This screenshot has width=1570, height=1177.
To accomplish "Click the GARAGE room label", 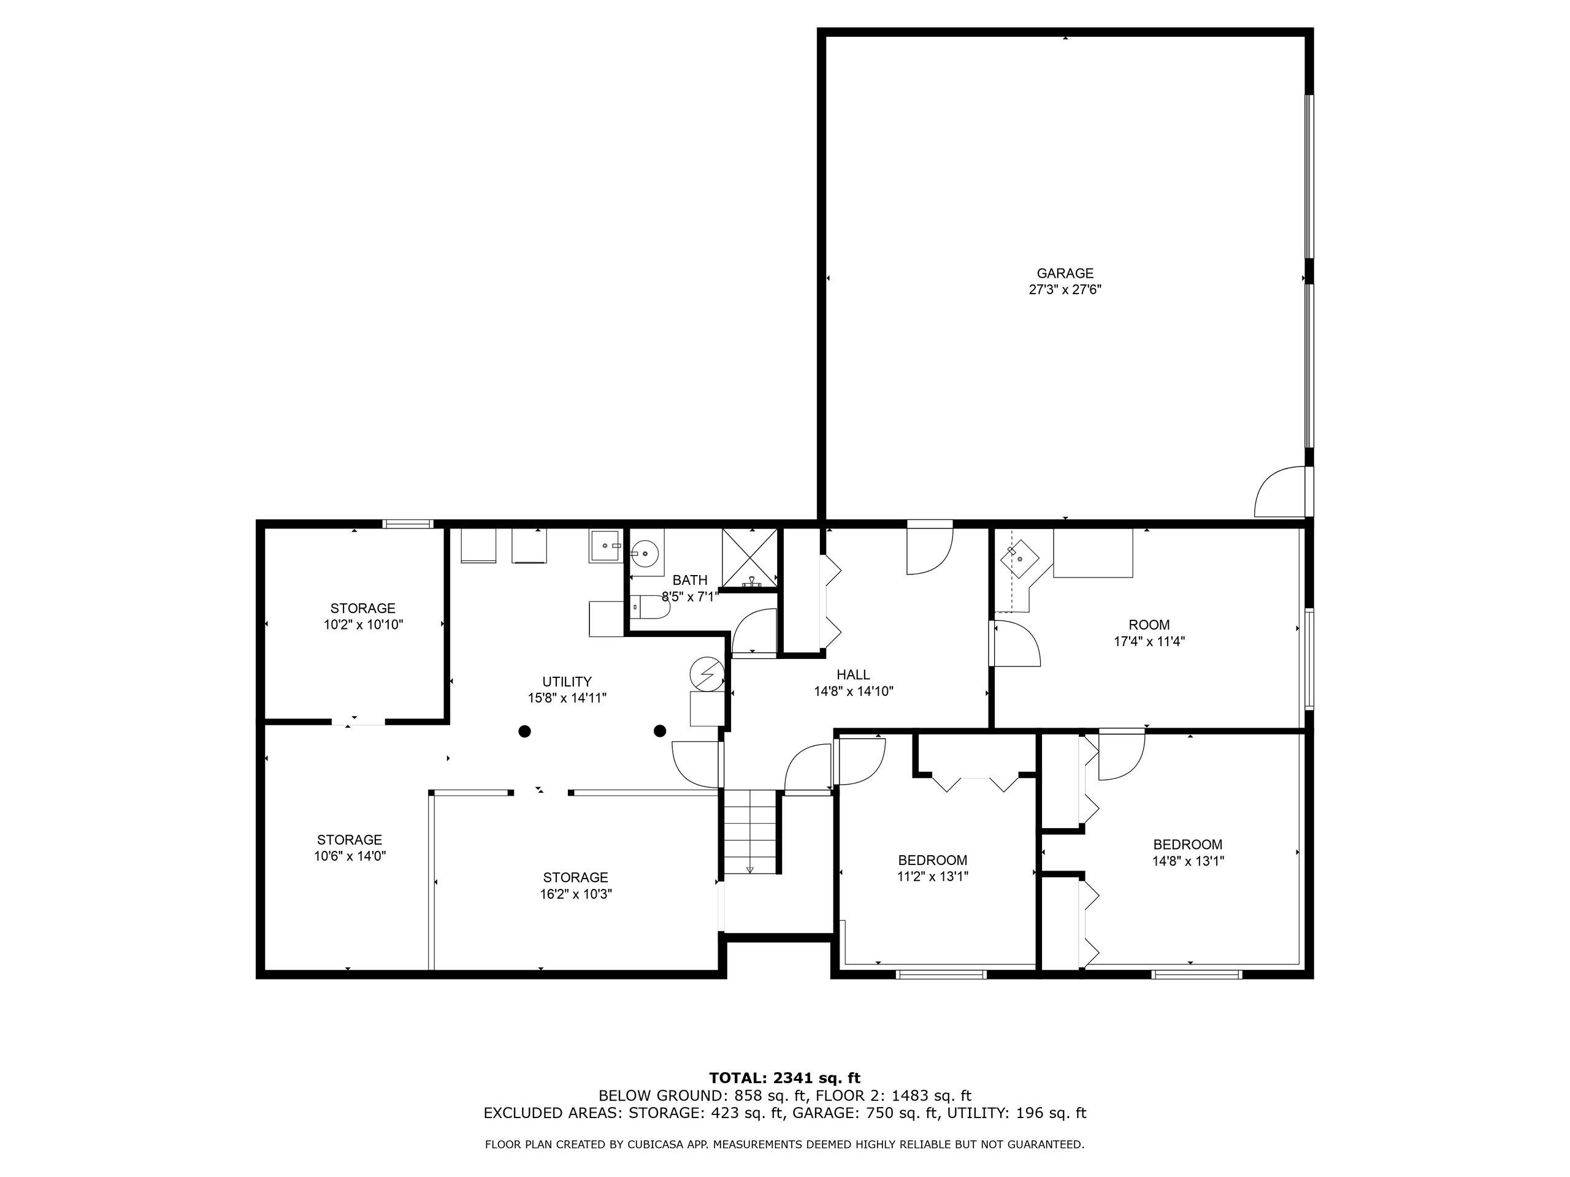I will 1065,273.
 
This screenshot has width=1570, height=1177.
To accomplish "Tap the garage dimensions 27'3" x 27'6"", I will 1065,289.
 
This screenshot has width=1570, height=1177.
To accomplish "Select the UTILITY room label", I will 567,682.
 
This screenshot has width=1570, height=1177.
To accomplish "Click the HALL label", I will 853,675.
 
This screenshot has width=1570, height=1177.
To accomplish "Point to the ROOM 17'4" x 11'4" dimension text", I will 1149,641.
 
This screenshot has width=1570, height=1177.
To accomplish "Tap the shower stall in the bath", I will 750,558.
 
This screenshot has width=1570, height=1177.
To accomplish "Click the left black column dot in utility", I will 524,731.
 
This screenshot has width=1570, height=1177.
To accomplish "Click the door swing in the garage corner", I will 1281,493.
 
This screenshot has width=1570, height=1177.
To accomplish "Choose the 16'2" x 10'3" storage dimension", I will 576,894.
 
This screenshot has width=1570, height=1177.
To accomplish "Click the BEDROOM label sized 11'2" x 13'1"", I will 932,861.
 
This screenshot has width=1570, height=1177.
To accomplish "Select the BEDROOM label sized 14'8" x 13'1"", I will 1187,845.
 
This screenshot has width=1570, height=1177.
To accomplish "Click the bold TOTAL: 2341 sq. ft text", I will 784,1078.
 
